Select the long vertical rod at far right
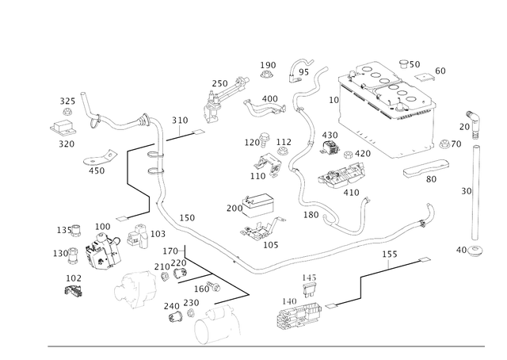(475, 190)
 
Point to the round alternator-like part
(103, 251)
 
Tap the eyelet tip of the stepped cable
(426, 259)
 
